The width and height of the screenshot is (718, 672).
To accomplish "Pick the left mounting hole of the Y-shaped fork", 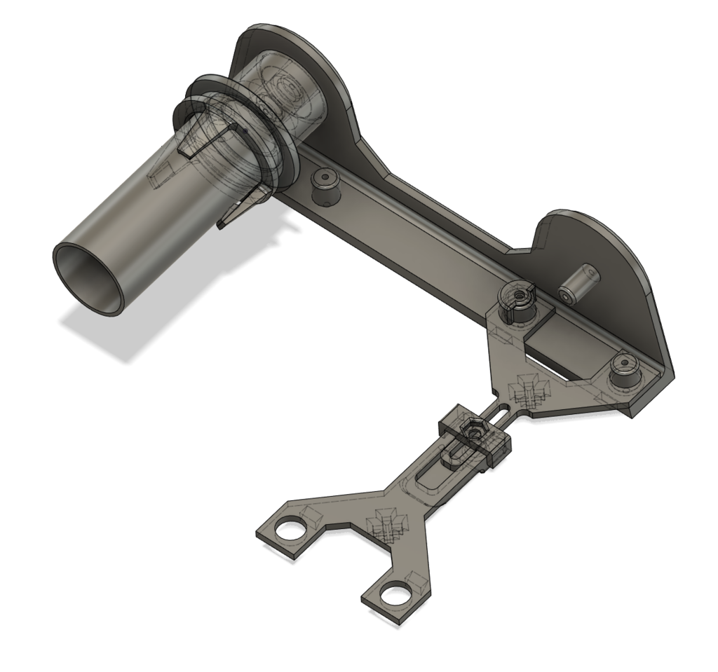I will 288,530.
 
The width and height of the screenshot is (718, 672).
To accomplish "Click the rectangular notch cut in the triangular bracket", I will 554,343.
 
